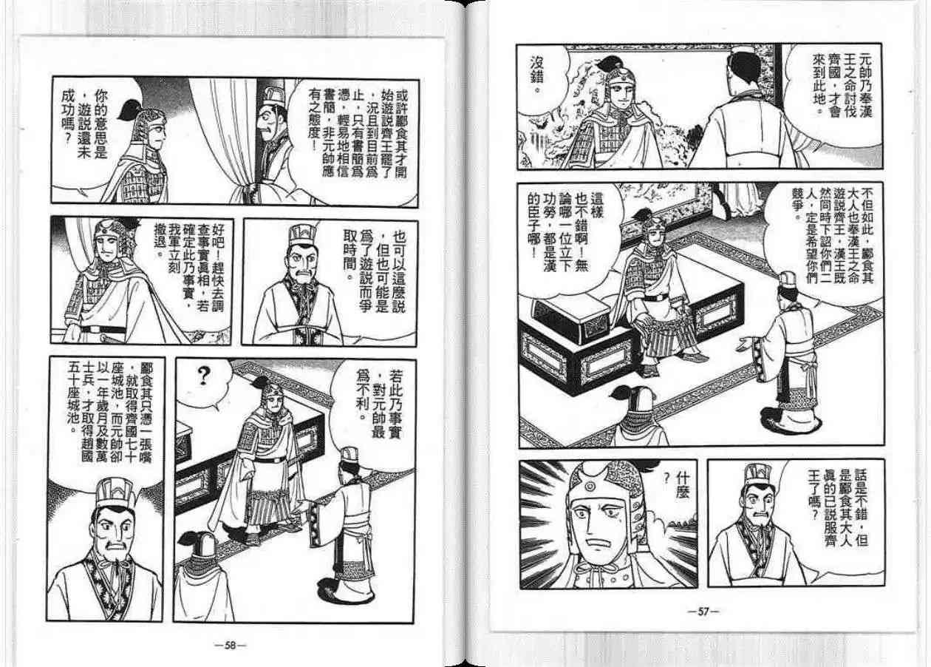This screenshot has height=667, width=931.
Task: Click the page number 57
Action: [703, 612]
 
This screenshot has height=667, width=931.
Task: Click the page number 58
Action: [230, 645]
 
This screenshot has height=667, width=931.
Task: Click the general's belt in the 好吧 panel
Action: [104, 330]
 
